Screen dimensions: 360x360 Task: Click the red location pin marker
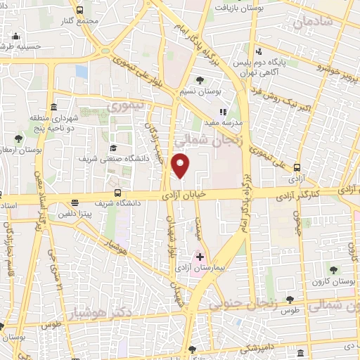coord(181,165)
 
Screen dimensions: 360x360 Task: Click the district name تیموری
coord(127,106)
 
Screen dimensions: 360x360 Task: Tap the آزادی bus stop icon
coord(296,168)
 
